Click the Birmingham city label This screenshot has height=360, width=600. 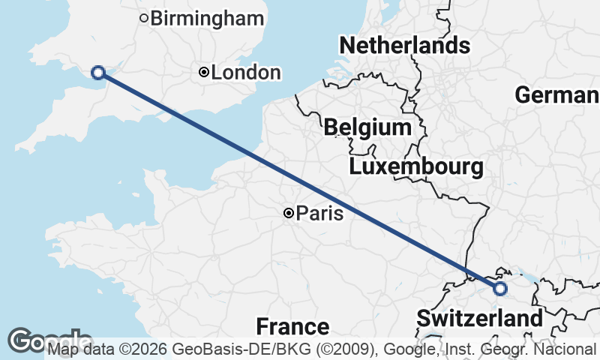208,18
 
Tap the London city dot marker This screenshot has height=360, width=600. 203,72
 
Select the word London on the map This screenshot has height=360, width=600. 246,73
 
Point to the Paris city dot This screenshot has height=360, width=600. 288,214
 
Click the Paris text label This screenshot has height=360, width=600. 320,214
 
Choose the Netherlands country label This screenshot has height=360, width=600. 405,46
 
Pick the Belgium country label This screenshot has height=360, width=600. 367,127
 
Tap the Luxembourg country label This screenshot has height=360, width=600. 416,166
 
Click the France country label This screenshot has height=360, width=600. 292,326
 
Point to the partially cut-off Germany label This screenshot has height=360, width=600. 556,95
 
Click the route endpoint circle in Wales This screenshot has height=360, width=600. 97,72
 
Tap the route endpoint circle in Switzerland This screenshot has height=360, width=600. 499,288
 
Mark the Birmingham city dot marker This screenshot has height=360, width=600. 144,18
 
